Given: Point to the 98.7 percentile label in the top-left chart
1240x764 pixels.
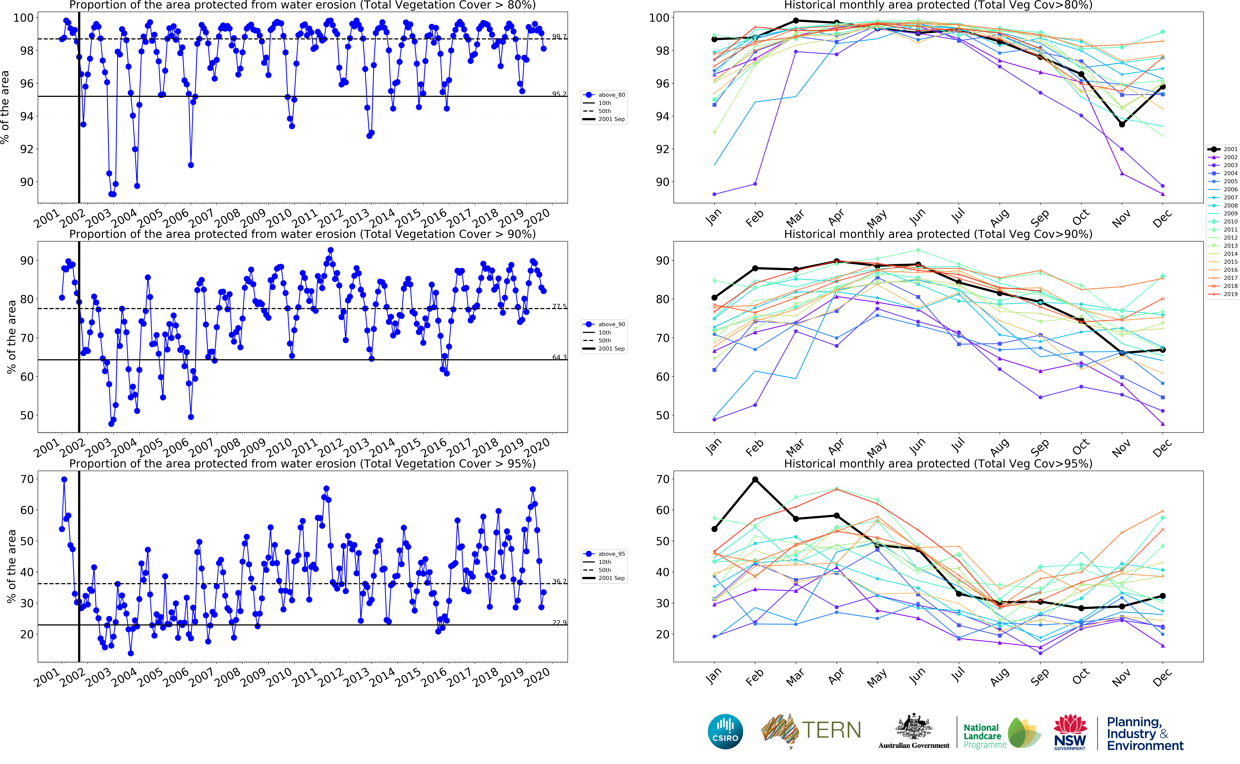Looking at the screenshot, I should [559, 36].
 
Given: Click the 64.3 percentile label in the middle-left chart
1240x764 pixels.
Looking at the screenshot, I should [559, 357].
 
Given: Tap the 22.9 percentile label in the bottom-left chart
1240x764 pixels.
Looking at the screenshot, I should [559, 623].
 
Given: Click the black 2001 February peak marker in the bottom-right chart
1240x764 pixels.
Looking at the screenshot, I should [755, 480].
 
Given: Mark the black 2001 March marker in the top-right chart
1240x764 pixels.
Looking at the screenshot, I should [796, 21].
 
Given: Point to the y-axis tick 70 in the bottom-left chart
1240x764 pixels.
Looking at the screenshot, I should [27, 479].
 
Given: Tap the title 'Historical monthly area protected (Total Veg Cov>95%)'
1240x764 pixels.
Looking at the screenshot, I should [938, 463].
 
